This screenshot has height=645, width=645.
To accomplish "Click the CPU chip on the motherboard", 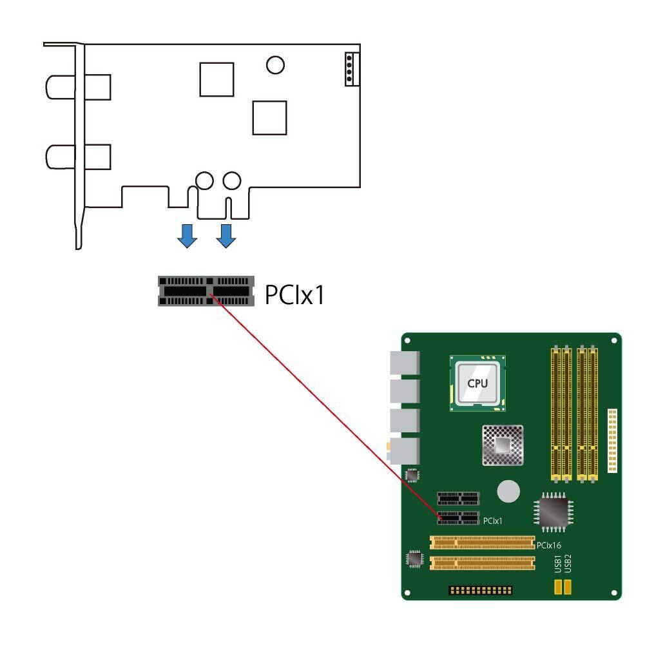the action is click(477, 383).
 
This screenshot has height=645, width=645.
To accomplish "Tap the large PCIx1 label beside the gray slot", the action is click(294, 294).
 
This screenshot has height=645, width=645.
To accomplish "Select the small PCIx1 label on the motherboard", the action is click(492, 521).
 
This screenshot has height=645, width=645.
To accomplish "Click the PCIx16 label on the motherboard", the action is click(549, 545).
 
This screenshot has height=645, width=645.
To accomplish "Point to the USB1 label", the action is click(558, 564).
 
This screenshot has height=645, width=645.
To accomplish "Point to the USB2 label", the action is click(568, 564).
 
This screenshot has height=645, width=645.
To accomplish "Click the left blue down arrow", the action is click(187, 236).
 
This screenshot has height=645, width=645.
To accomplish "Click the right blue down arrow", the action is click(226, 236).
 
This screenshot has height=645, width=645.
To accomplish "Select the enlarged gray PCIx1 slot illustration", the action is click(206, 291).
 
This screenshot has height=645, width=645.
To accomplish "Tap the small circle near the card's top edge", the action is click(275, 64).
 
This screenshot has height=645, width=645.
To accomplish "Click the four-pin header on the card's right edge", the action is click(352, 69).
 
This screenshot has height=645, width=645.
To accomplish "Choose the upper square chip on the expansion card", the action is click(217, 79).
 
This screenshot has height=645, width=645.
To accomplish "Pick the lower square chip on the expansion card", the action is click(269, 118).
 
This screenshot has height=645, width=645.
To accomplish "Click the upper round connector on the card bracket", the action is click(78, 87).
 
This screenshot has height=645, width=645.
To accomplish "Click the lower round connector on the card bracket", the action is click(78, 157).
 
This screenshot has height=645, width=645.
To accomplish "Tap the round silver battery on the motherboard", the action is click(508, 491).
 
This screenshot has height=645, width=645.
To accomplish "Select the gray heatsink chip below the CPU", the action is click(503, 445).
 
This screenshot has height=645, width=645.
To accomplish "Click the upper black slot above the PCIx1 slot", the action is click(458, 498).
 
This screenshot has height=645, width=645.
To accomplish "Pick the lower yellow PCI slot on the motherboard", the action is click(483, 563).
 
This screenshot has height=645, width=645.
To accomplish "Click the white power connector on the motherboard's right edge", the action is click(613, 441).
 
